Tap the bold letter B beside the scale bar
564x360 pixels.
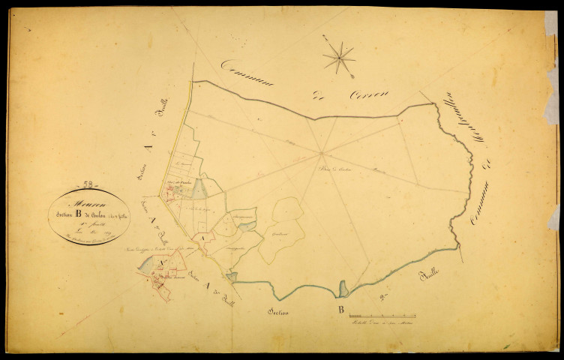tap(340, 309)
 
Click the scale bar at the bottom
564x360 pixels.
tap(382, 316)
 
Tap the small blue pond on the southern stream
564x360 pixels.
tap(343, 289)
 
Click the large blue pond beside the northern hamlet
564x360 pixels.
tap(199, 189)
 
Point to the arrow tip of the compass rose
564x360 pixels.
tap(353, 77)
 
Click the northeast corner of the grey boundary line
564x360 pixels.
tap(433, 103)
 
